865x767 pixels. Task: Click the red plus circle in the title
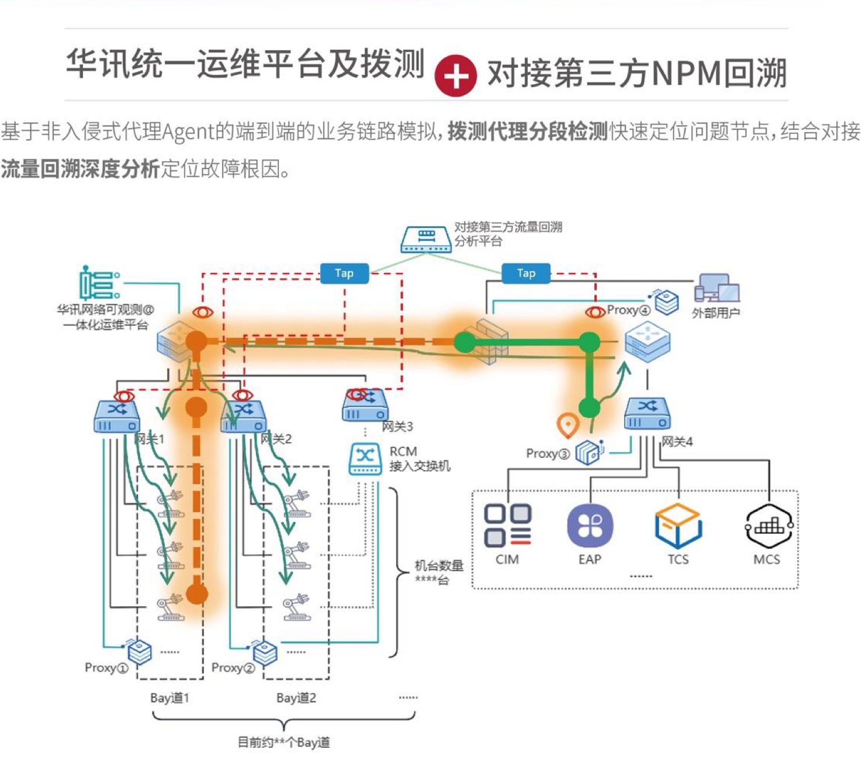[456, 75]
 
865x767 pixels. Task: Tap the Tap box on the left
[344, 273]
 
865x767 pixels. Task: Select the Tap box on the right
[526, 273]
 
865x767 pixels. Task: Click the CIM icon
[507, 525]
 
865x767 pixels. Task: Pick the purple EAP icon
[590, 525]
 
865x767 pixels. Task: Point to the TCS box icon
[678, 525]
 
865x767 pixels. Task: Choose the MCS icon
[768, 525]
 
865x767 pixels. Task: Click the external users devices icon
[717, 288]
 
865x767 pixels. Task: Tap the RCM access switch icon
[365, 458]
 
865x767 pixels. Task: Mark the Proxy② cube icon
[265, 652]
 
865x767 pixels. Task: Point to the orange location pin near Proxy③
[568, 425]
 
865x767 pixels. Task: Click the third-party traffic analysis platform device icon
[426, 239]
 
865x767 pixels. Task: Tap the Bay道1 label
[169, 698]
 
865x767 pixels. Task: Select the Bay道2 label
[296, 698]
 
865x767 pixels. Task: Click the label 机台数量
[439, 565]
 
